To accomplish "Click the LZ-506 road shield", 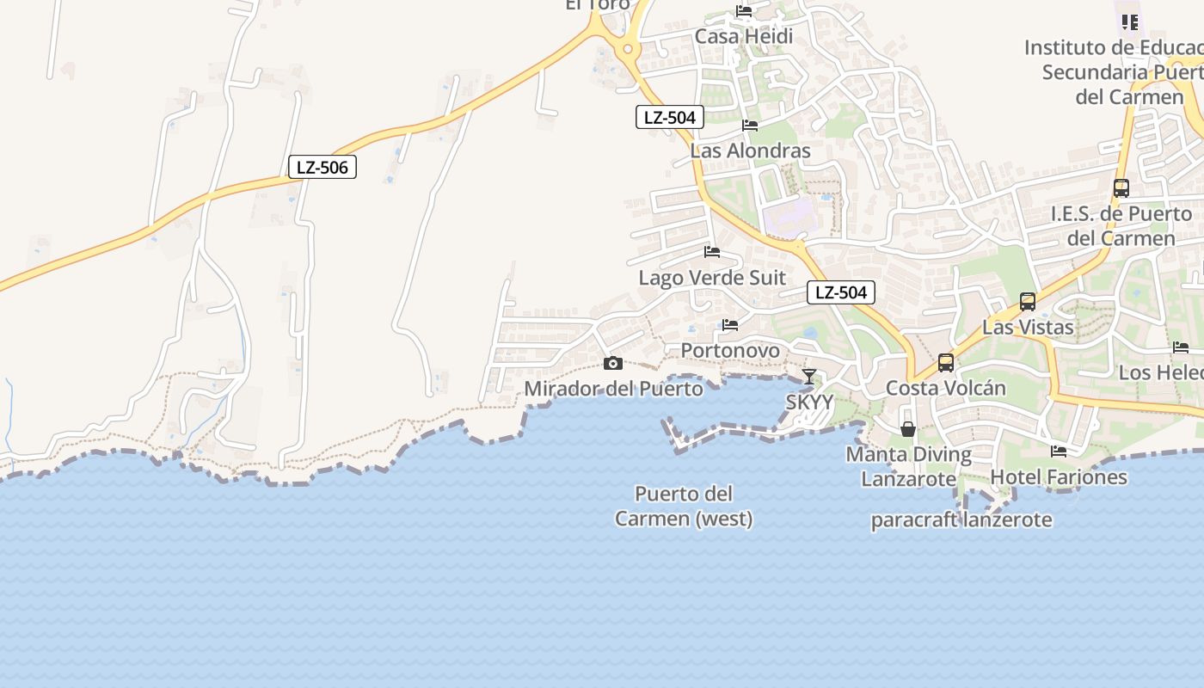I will pyautogui.click(x=322, y=167).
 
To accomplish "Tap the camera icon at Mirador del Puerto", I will pyautogui.click(x=613, y=364).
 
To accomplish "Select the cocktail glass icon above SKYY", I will pyautogui.click(x=809, y=376).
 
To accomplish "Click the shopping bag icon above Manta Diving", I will pyautogui.click(x=908, y=428).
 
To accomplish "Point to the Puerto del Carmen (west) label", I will pyautogui.click(x=684, y=507).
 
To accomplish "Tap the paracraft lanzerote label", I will pyautogui.click(x=961, y=519).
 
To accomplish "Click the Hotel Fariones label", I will pyautogui.click(x=1059, y=476).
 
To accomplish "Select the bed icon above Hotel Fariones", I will pyautogui.click(x=1059, y=451).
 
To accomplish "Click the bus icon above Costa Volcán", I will pyautogui.click(x=946, y=362).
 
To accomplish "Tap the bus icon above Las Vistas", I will pyautogui.click(x=1028, y=301).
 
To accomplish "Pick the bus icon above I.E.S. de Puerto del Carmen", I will pyautogui.click(x=1121, y=187).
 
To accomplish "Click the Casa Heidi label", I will pyautogui.click(x=744, y=37).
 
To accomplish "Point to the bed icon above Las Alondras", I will pyautogui.click(x=750, y=126).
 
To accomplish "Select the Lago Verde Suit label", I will pyautogui.click(x=712, y=278).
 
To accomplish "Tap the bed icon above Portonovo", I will pyautogui.click(x=730, y=325).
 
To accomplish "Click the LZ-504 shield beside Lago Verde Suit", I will pyautogui.click(x=841, y=292).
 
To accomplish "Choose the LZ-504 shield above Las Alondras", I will pyautogui.click(x=670, y=117).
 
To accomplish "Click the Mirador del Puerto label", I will pyautogui.click(x=613, y=389).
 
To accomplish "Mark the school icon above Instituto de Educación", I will pyautogui.click(x=1130, y=21).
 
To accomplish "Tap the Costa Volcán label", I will pyautogui.click(x=946, y=388).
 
